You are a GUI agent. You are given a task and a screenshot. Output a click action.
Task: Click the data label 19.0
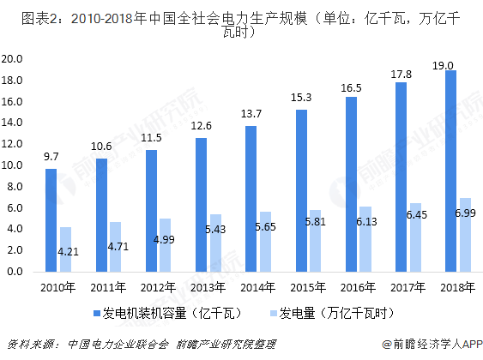coord(444,65)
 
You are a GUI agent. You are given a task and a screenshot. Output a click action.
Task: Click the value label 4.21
coord(67,252)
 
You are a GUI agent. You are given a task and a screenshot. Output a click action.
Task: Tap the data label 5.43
coord(214,231)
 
